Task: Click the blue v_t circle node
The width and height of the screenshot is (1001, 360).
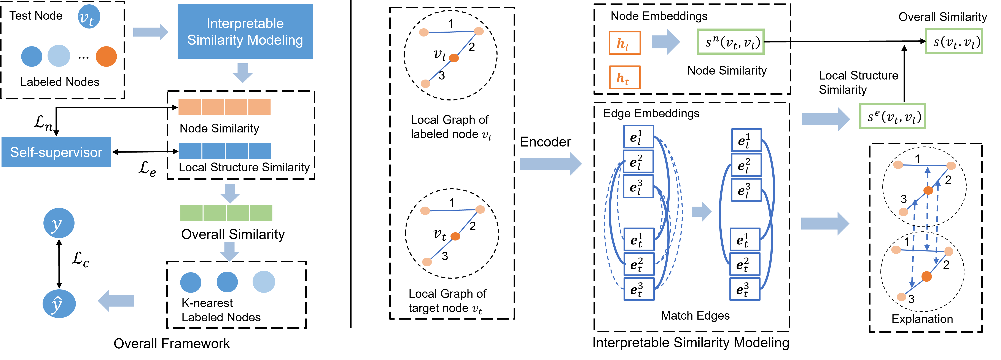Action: click(x=89, y=17)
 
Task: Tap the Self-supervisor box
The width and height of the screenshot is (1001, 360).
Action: click(x=56, y=152)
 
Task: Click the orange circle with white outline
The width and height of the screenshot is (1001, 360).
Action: click(x=106, y=56)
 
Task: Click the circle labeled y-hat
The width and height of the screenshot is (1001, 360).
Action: click(x=59, y=304)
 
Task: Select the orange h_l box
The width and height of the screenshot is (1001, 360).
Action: click(x=624, y=43)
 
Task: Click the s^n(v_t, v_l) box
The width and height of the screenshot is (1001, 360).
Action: click(x=730, y=42)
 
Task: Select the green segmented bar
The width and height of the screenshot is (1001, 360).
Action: click(x=226, y=213)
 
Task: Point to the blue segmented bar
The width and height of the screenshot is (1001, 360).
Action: click(x=225, y=151)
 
